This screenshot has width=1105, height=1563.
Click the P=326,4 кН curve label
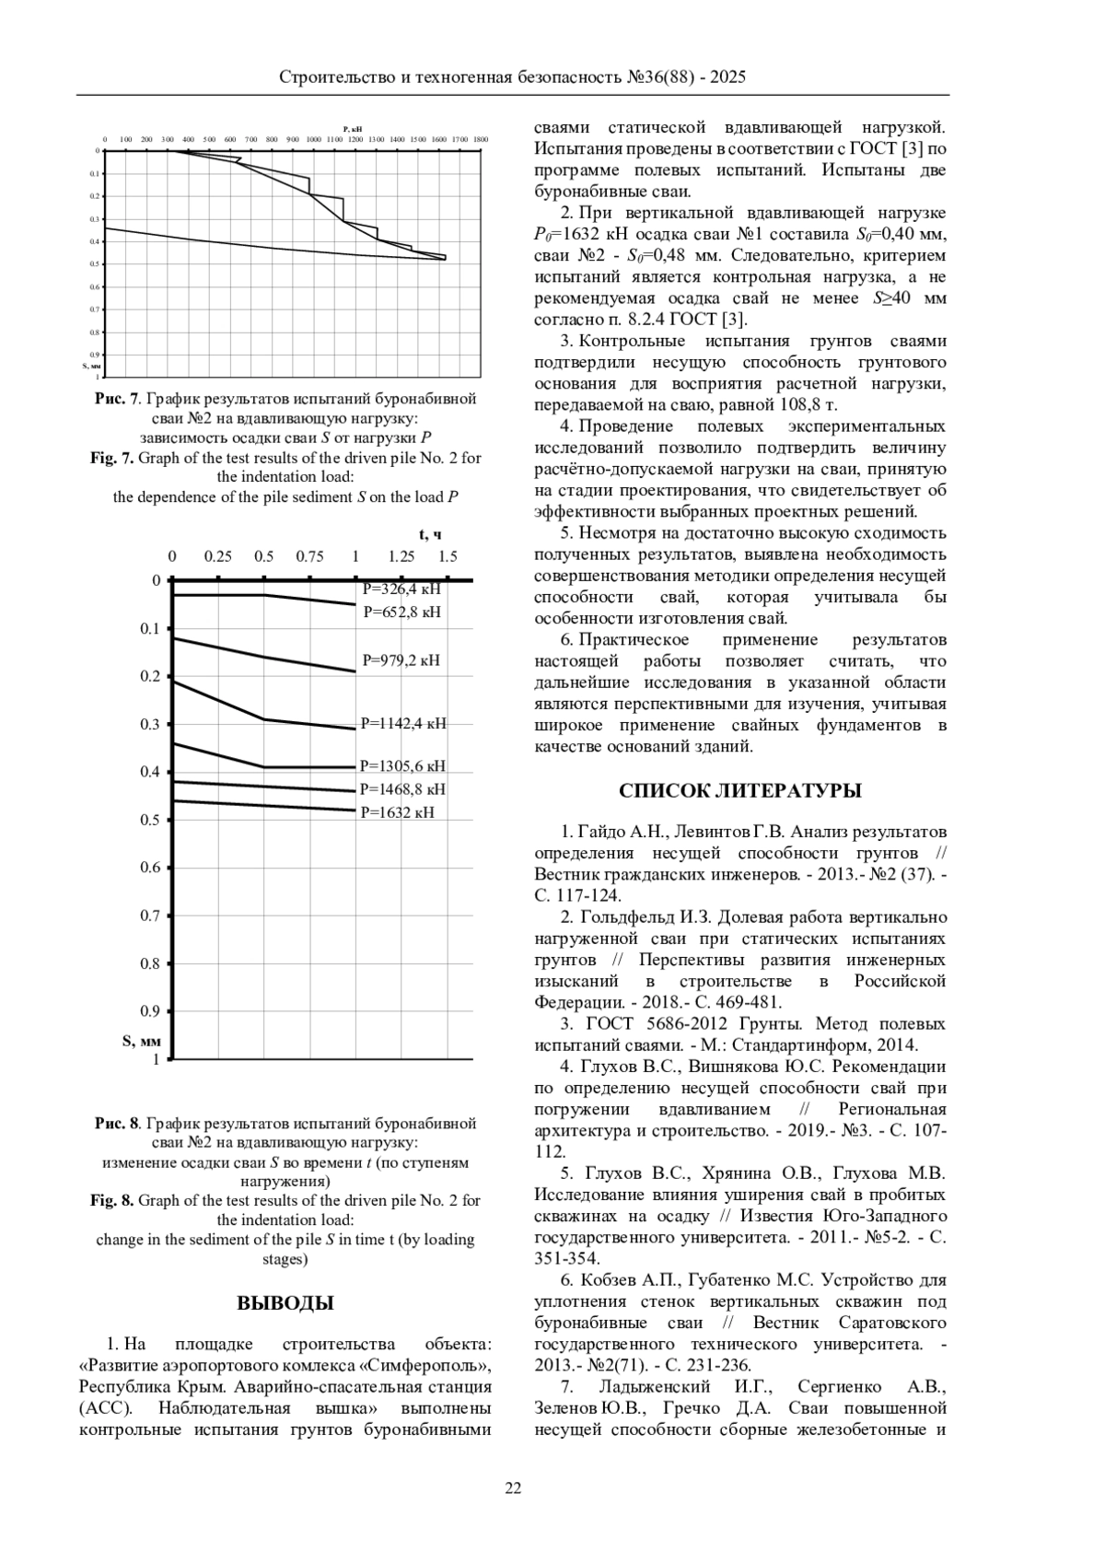coord(401,589)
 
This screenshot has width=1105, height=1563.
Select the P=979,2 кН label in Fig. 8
coord(401,660)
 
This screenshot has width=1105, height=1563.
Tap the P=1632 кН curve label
coord(397,812)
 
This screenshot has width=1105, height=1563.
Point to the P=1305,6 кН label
coord(402,765)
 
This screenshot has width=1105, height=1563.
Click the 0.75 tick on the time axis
coord(309,556)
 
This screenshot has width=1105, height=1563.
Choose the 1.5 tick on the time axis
coord(448,556)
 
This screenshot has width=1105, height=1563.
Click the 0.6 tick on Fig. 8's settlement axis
coord(150,868)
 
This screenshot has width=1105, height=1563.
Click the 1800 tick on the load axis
coord(480,139)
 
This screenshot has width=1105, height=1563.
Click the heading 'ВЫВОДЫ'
coord(285,1303)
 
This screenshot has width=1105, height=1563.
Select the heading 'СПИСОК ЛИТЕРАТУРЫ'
coord(740,791)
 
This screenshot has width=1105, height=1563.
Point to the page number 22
coord(513,1488)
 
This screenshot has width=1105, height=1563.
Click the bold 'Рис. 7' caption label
coord(116,400)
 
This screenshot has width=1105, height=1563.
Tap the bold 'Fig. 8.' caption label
coord(112,1201)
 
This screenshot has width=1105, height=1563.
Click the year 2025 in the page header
coord(727,77)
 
